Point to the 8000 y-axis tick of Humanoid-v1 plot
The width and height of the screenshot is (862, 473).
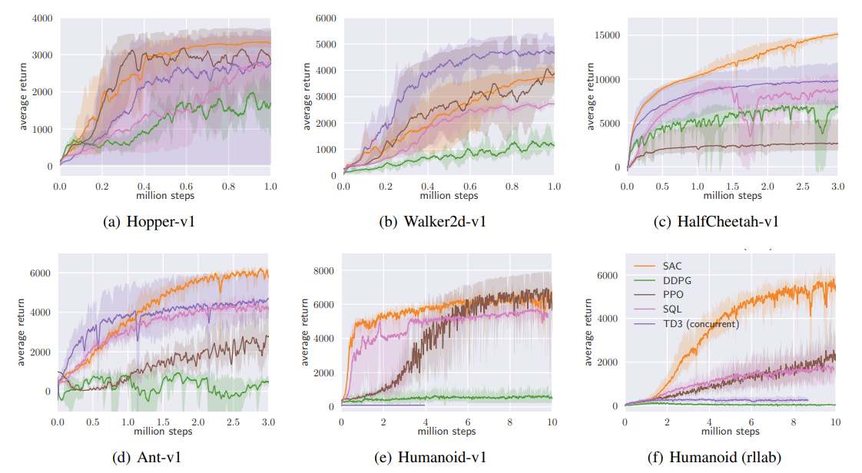point(323,270)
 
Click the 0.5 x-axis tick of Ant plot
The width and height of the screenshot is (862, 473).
point(92,423)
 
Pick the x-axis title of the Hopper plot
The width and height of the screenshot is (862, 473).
point(164,196)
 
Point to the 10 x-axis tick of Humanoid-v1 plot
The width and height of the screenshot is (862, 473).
point(551,423)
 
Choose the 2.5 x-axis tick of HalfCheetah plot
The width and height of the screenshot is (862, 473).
point(802,187)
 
